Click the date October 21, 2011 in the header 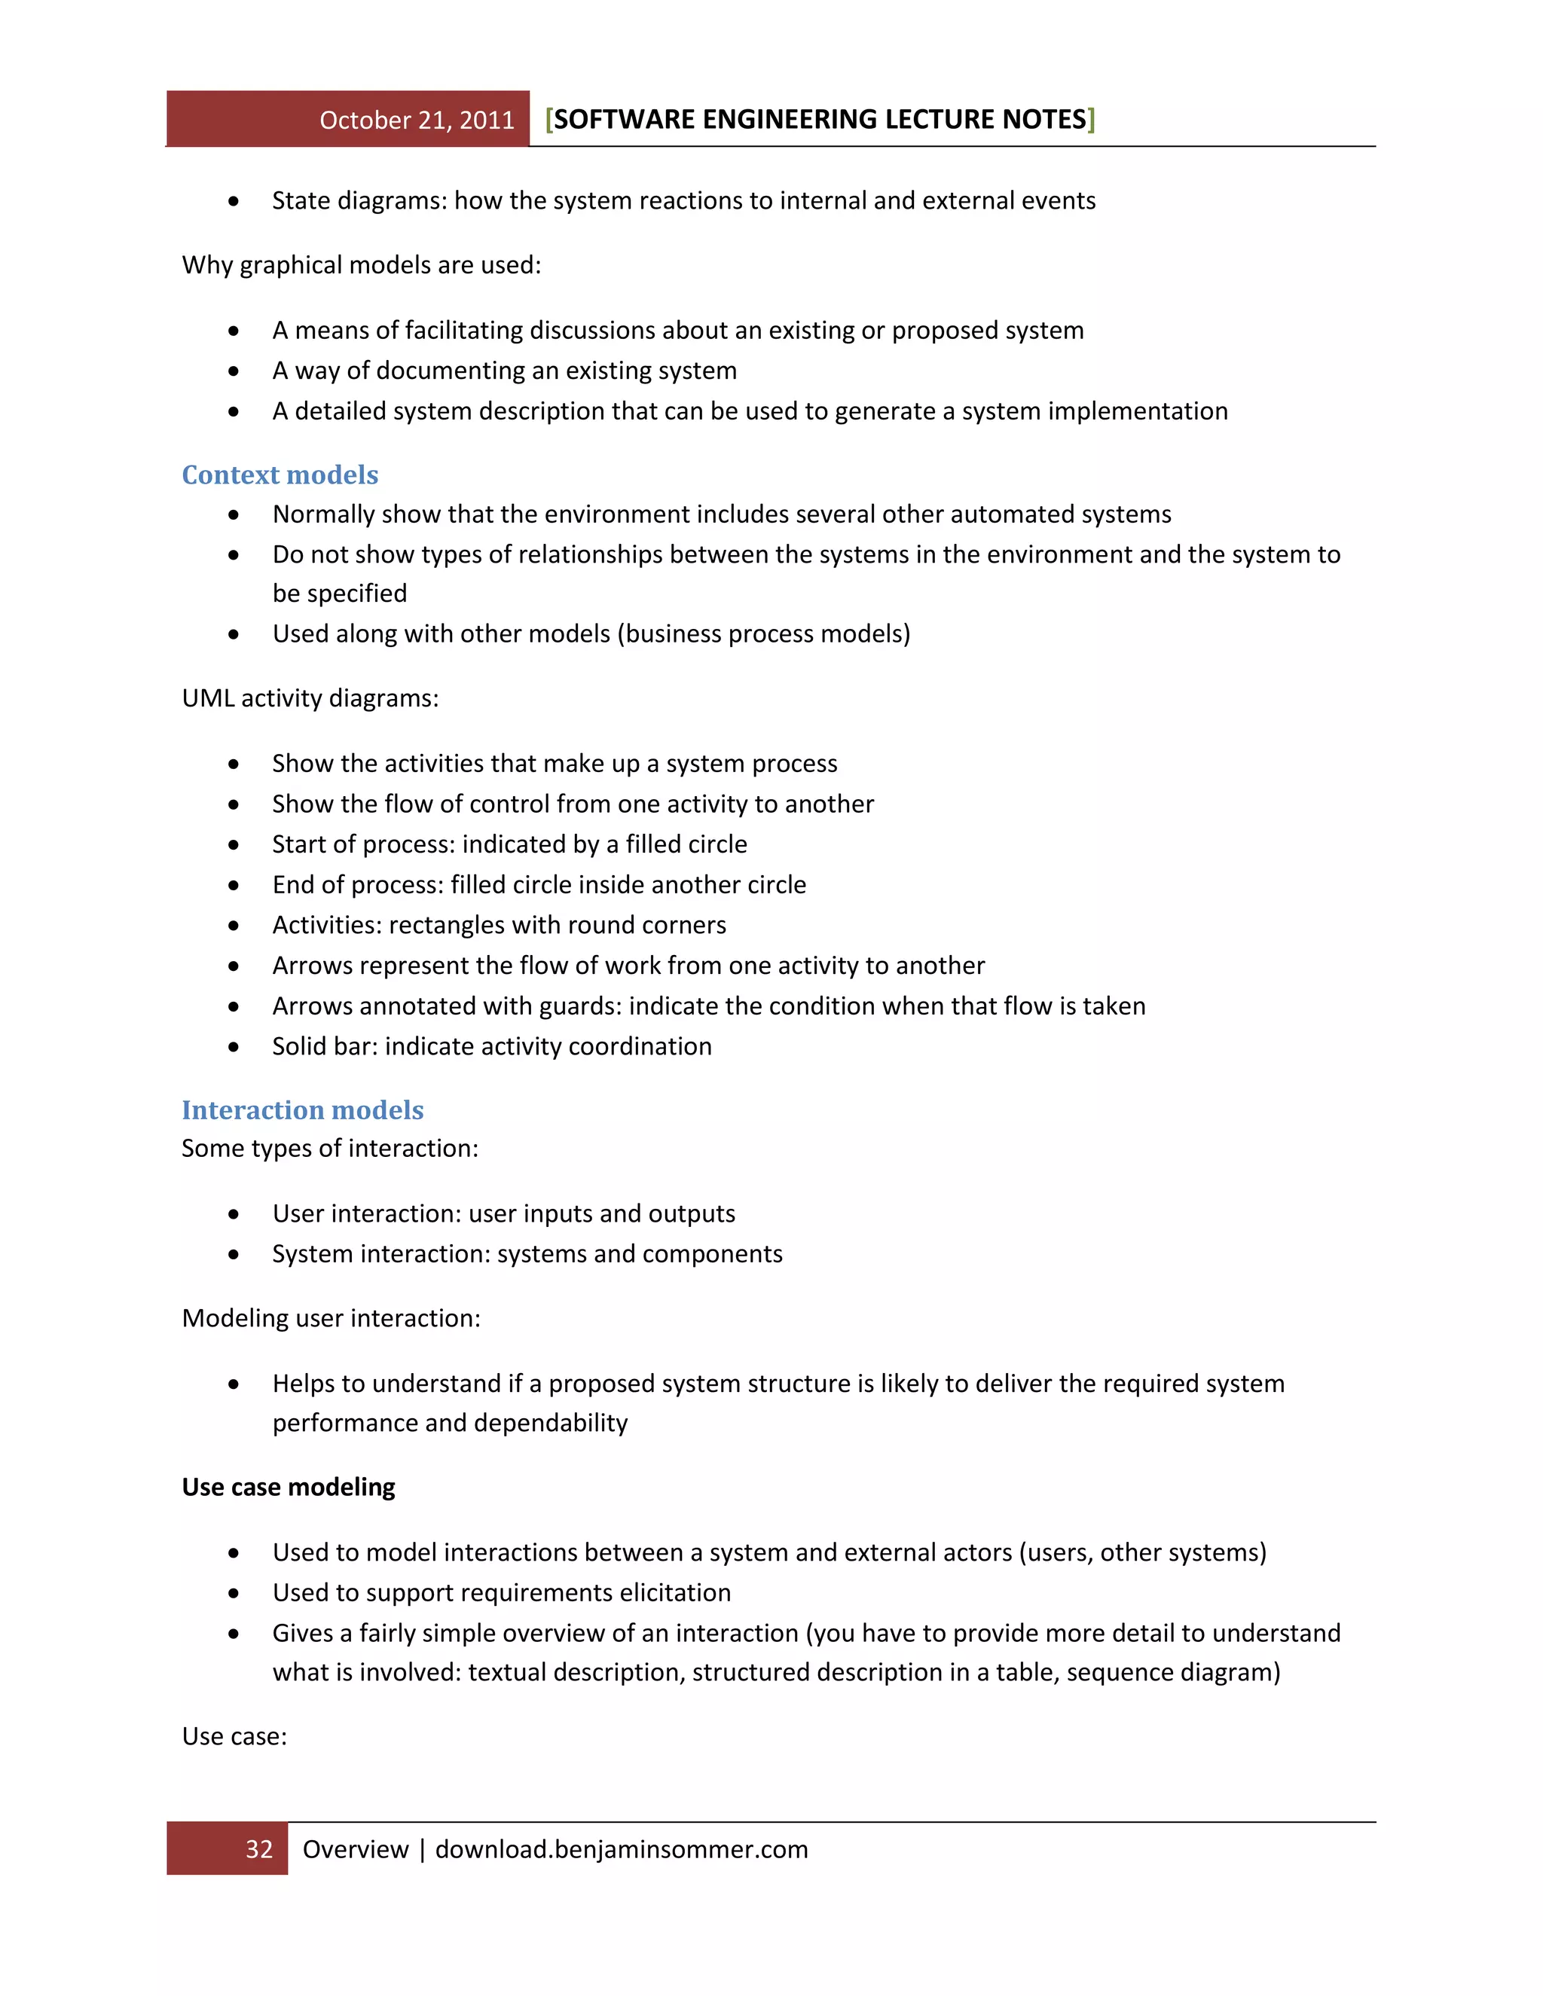417,120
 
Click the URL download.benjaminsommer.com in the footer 621,1849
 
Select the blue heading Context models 280,475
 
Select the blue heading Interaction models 303,1109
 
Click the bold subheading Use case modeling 288,1487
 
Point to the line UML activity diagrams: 310,698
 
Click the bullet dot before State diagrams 234,201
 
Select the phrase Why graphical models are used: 361,265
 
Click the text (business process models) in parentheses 764,633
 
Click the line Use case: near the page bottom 234,1735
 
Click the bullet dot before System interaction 234,1255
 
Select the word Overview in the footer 355,1849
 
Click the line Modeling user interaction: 331,1318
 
